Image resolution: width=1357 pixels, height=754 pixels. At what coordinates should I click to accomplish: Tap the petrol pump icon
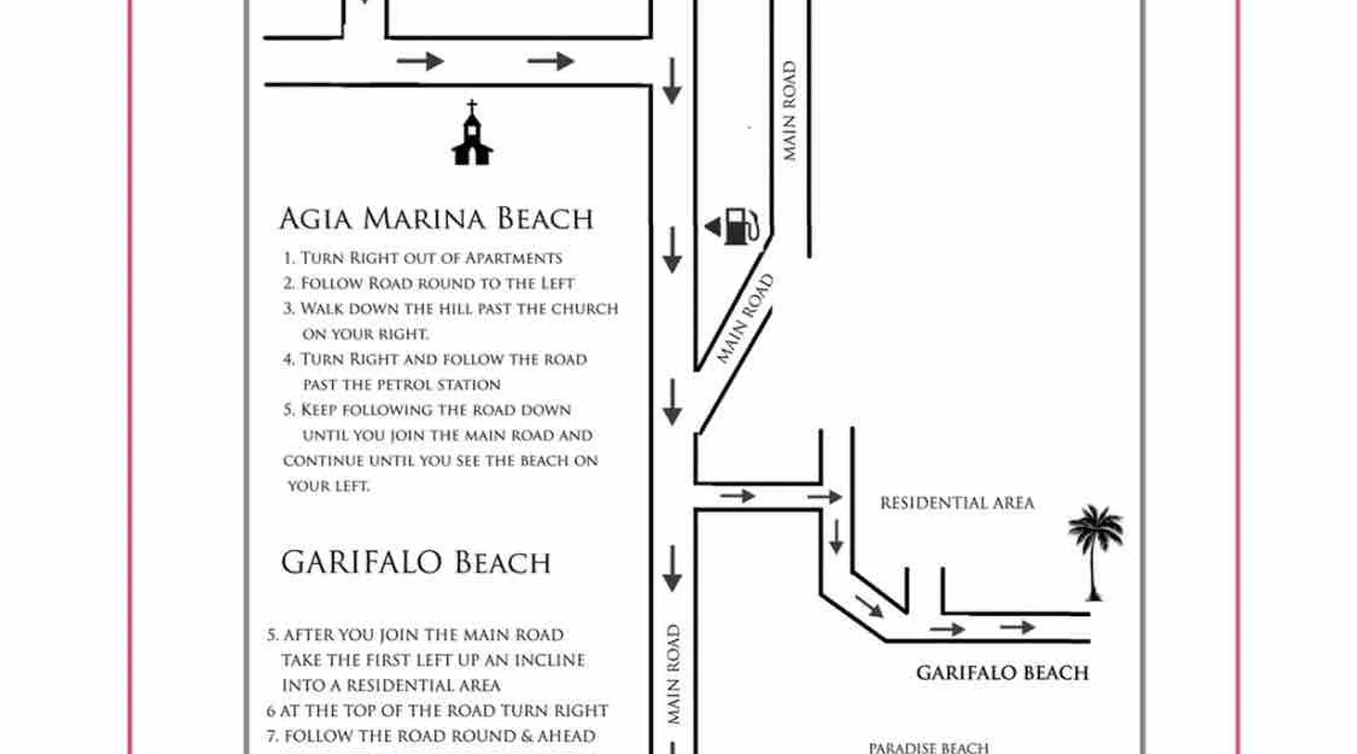[742, 226]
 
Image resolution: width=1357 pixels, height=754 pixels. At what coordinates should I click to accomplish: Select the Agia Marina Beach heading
[436, 219]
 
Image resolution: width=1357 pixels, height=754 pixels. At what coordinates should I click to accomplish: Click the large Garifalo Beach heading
[415, 562]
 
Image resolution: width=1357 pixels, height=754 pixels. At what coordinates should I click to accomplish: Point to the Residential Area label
[957, 503]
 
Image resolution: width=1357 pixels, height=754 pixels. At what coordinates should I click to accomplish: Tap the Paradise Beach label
[928, 748]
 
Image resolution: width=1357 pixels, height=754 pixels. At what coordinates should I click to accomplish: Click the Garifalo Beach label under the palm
[1002, 673]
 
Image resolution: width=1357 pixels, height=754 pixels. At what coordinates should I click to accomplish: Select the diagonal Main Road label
[745, 318]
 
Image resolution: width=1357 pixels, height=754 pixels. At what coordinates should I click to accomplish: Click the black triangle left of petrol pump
[712, 226]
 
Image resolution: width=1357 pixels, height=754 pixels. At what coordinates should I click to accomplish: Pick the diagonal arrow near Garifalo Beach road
[869, 605]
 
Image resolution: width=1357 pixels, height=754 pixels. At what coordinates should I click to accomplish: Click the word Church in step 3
[584, 308]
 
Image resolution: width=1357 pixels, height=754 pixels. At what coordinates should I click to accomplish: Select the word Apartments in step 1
[513, 258]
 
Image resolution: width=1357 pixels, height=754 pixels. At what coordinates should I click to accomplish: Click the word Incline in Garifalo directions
[549, 660]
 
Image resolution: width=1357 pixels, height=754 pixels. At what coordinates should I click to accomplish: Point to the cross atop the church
[472, 106]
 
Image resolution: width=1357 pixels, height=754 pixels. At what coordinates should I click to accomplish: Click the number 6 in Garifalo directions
[271, 711]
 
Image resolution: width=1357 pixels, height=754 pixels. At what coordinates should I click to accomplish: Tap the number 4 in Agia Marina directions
[289, 360]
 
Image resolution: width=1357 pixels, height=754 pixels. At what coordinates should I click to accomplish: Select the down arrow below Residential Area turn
[836, 536]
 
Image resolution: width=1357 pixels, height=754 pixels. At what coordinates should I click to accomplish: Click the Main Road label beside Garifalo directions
[673, 675]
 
